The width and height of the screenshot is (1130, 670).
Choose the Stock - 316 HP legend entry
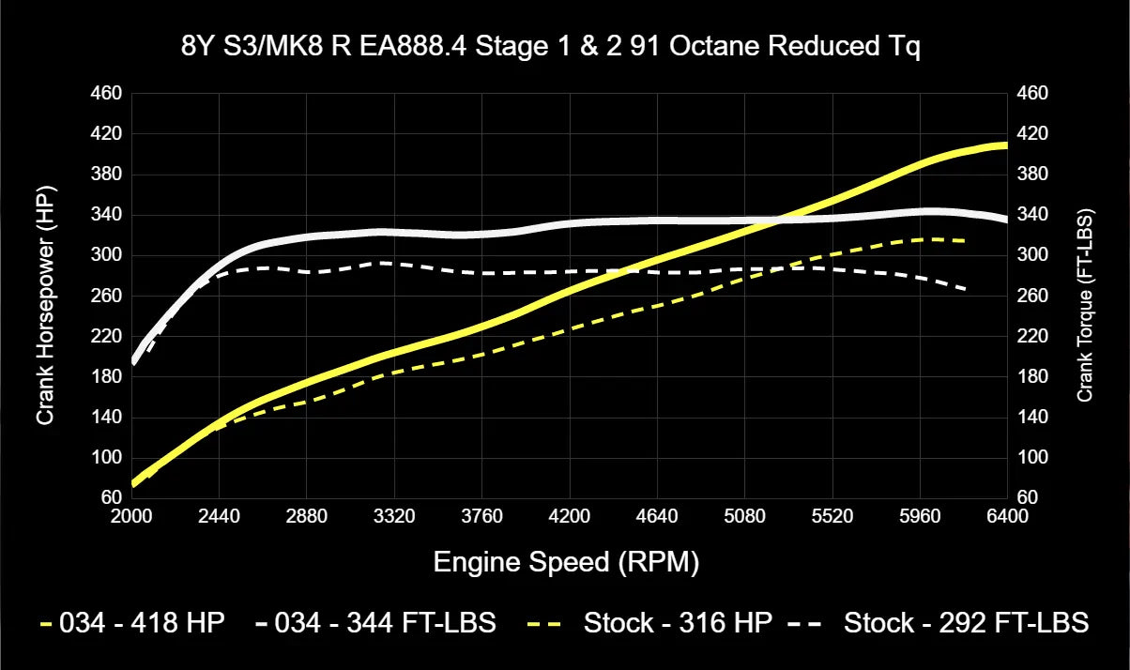678,622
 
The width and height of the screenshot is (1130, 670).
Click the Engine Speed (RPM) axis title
566,562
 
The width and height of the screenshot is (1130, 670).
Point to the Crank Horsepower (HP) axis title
45,295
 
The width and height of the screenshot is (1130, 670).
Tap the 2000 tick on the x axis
132,516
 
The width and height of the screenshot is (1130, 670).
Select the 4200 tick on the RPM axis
570,516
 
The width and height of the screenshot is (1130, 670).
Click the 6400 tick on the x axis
1007,516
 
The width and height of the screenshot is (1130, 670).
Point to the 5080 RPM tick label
744,516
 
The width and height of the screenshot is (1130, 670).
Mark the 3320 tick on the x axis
395,516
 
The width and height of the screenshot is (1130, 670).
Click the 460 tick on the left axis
108,94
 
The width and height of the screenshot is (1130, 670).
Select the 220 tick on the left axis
108,336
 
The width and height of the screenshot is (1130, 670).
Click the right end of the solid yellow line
1006,145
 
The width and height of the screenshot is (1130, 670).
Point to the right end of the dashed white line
967,290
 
